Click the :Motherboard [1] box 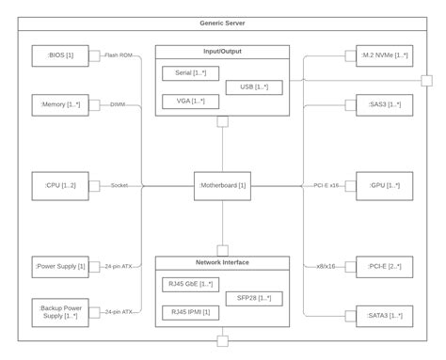[x=222, y=186]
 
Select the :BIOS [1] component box [x=60, y=55]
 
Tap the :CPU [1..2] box [x=60, y=186]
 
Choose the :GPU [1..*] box [x=385, y=186]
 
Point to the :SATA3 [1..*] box [x=385, y=316]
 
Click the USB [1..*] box [x=254, y=87]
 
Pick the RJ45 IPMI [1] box [x=190, y=313]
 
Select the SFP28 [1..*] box [x=254, y=299]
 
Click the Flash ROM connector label [x=119, y=55]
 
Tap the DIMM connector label [x=118, y=104]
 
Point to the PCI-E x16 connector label [x=327, y=185]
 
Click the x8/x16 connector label [x=326, y=267]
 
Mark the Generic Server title [x=222, y=23]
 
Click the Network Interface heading [x=222, y=262]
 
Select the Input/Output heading [x=222, y=52]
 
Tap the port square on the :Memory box [x=94, y=105]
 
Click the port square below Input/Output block [x=223, y=121]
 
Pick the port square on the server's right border [x=426, y=81]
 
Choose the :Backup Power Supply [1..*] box [x=60, y=313]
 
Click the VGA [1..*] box [x=190, y=102]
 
